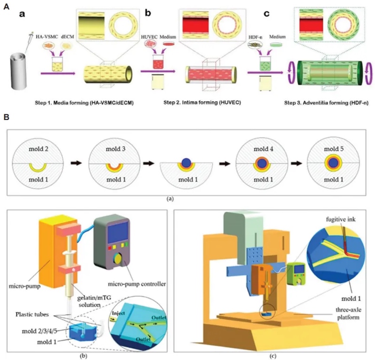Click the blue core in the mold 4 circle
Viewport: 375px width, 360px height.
(x=260, y=163)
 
